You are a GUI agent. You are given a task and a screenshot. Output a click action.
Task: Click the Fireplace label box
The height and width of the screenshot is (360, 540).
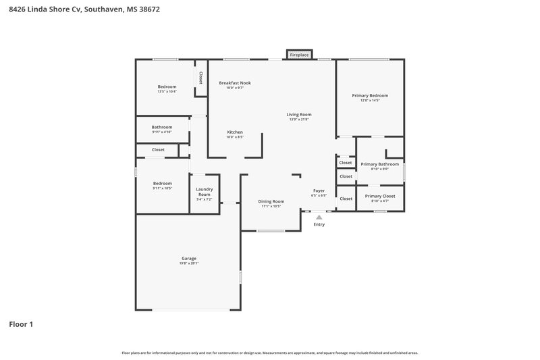(x=300, y=55)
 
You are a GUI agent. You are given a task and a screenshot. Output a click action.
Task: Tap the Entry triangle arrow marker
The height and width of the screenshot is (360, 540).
(x=319, y=217)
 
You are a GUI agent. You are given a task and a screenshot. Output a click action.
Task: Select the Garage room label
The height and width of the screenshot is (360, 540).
(x=189, y=258)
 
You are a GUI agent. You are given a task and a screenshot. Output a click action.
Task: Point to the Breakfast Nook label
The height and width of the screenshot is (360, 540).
(x=235, y=83)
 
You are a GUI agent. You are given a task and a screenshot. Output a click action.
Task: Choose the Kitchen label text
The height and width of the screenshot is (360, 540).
(x=235, y=132)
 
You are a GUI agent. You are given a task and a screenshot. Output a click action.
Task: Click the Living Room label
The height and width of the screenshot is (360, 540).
(x=299, y=115)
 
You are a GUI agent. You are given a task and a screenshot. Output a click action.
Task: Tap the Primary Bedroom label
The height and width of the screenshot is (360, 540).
(x=370, y=95)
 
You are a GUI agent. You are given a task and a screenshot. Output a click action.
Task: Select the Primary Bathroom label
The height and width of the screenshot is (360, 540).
(x=379, y=164)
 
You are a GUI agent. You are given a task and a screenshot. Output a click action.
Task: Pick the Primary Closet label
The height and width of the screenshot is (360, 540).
(x=380, y=196)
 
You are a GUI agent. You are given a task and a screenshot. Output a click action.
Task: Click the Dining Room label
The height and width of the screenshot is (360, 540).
(x=271, y=201)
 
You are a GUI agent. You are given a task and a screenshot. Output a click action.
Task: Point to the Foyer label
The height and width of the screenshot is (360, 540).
(x=319, y=191)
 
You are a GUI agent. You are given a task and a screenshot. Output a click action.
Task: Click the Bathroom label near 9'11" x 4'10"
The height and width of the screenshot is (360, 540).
(x=162, y=127)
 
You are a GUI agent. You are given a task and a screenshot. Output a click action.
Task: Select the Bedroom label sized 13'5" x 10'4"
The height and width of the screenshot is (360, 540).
(x=167, y=86)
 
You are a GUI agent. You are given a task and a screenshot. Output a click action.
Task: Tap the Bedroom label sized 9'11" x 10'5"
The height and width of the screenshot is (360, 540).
(x=162, y=184)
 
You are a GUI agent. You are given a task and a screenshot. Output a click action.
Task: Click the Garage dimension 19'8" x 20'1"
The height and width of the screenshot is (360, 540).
(x=189, y=263)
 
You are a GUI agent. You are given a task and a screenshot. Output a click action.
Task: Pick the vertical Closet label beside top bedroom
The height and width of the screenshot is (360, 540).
(x=201, y=78)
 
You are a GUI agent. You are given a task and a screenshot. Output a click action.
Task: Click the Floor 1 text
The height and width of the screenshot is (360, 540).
(x=21, y=324)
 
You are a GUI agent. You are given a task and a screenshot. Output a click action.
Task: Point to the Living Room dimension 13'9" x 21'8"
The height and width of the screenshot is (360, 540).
(x=299, y=120)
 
